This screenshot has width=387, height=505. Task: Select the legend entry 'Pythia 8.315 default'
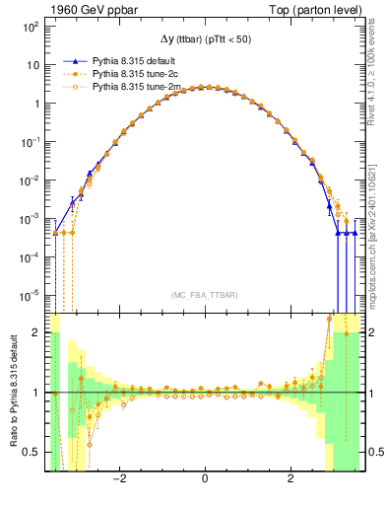(138, 59)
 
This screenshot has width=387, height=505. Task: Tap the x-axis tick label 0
(204, 480)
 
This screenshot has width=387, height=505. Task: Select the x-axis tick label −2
(119, 480)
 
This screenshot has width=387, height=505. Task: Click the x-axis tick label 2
(290, 480)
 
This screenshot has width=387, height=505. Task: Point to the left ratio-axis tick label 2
(37, 333)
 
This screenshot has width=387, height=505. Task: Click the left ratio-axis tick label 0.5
(32, 452)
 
